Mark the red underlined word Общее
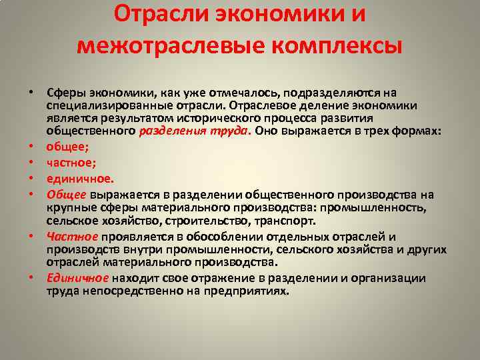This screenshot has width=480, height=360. coord(66,195)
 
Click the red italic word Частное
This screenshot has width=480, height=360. coord(73,237)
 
